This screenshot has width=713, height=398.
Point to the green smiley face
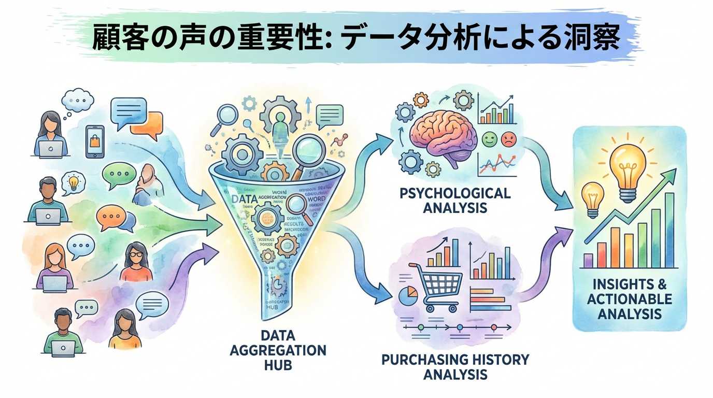(488, 139)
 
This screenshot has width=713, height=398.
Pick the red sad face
(509, 139)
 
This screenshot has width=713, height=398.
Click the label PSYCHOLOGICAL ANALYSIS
(455, 201)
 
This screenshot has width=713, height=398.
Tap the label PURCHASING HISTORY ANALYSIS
(455, 366)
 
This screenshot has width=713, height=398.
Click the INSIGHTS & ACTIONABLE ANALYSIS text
(630, 298)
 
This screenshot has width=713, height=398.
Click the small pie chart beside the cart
(409, 299)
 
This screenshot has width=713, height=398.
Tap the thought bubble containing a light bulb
(73, 183)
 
